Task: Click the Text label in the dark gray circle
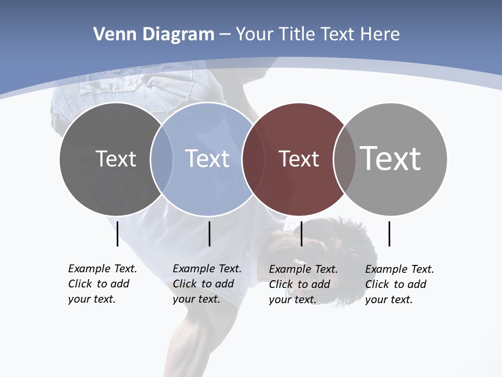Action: (x=116, y=159)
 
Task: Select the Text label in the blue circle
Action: (x=207, y=159)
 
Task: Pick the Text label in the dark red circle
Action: (x=299, y=159)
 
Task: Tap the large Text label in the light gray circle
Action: (x=391, y=158)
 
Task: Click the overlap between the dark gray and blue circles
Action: (x=162, y=159)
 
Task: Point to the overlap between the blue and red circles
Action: (x=249, y=159)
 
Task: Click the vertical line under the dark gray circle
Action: (x=117, y=234)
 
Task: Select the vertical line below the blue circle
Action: (x=209, y=234)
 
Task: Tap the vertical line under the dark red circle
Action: (x=301, y=234)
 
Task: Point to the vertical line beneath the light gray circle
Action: (x=389, y=234)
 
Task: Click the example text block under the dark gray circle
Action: (x=102, y=284)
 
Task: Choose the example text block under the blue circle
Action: (x=207, y=284)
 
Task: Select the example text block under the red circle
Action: (x=303, y=284)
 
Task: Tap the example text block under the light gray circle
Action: (x=399, y=284)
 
